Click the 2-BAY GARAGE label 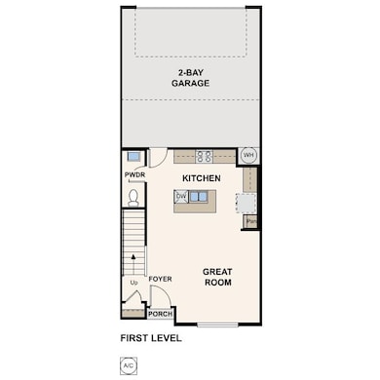(191, 78)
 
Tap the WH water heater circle (247, 155)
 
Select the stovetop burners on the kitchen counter (205, 154)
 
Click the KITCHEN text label (202, 178)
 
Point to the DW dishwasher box (181, 196)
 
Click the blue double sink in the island (199, 196)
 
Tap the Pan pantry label (250, 222)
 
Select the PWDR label (134, 175)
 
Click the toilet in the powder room (133, 197)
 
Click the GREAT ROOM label (216, 276)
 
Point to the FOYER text (161, 279)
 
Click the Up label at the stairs (133, 283)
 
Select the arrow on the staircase (133, 260)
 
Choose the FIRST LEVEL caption (150, 339)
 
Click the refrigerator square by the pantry (250, 203)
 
